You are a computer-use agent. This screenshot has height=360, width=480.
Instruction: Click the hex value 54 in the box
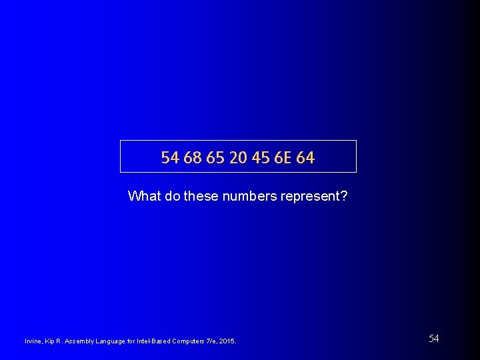coord(171,158)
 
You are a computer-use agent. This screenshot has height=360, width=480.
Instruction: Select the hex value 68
coord(193,158)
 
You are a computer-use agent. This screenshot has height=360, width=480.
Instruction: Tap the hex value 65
coord(215,158)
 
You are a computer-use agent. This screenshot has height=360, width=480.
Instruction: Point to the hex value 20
coord(237,158)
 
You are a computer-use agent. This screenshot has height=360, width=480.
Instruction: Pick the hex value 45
coord(259,158)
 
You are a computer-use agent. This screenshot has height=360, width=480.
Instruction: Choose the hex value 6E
coord(281,158)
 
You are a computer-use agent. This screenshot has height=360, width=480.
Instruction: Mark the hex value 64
coord(305,158)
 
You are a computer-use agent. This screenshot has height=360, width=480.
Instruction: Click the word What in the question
coord(141,196)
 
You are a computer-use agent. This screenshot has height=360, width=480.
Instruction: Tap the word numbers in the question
coord(248,196)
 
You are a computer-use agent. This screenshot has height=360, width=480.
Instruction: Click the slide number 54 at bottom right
coord(433,339)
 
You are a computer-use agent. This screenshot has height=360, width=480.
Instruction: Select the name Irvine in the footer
coord(33,341)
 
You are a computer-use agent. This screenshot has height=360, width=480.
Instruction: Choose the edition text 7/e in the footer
coord(211,341)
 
